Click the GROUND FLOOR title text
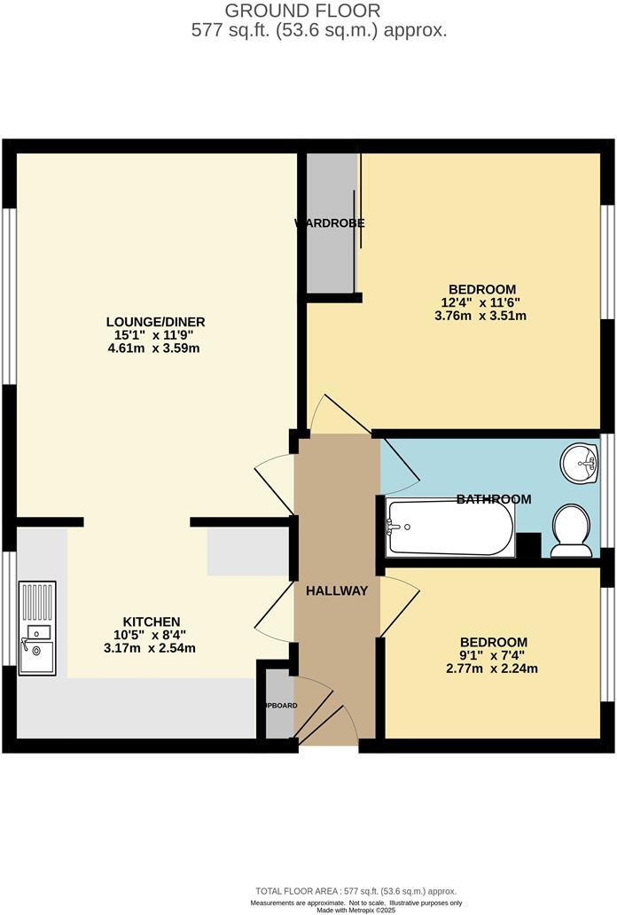tap(302, 11)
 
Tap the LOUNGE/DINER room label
tap(156, 322)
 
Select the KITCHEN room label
tap(152, 622)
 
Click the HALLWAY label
tap(337, 590)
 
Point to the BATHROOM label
tap(494, 499)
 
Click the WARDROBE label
tap(330, 223)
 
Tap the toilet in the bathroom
tap(571, 531)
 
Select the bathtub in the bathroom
tap(449, 528)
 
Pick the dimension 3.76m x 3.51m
tap(482, 316)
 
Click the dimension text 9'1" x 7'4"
tap(494, 656)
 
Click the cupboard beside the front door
tap(278, 706)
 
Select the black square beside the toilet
tap(528, 545)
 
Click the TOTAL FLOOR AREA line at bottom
tap(355, 891)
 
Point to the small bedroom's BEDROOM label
tap(494, 643)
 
